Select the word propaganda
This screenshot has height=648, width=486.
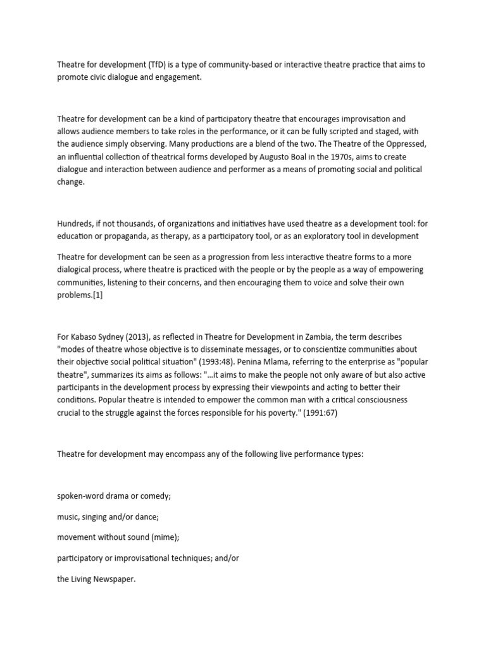123,236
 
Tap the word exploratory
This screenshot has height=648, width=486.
342,236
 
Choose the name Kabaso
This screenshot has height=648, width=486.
85,337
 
